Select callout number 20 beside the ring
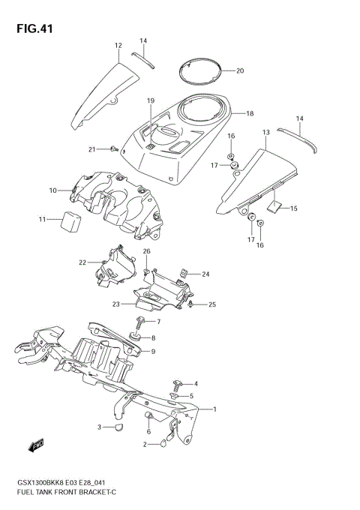[x=240, y=71]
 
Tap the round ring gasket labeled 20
[x=200, y=72]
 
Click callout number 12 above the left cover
[x=118, y=46]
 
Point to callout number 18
[x=250, y=113]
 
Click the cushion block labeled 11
[x=73, y=222]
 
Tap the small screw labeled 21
[x=112, y=148]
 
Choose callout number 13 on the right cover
[x=265, y=132]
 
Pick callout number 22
[x=83, y=262]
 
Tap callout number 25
[x=212, y=304]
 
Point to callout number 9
[x=152, y=351]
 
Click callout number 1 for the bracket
[x=214, y=409]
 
